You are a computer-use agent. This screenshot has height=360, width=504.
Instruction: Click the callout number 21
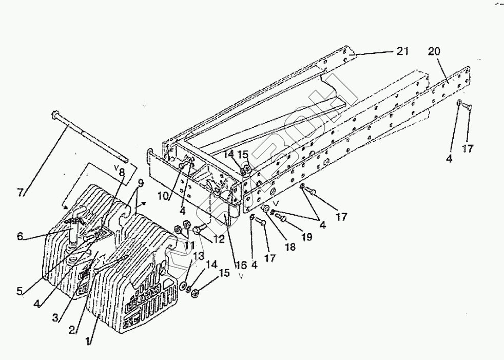click(402, 51)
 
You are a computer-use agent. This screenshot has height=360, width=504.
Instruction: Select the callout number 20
click(434, 51)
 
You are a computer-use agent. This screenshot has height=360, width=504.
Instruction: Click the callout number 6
click(20, 236)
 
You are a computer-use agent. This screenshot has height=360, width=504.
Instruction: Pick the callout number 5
click(20, 292)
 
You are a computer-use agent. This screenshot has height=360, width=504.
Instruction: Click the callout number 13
click(199, 255)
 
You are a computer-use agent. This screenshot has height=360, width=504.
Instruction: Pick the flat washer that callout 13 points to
click(183, 285)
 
